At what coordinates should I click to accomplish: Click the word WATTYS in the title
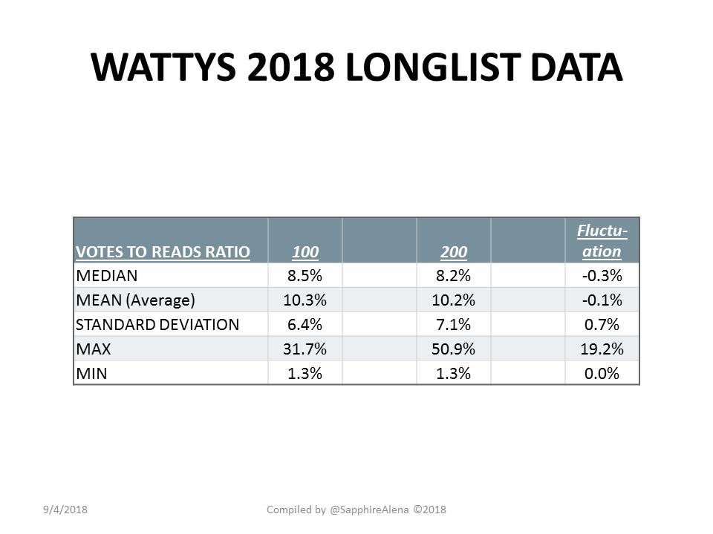(x=163, y=67)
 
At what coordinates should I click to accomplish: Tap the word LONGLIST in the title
(x=433, y=67)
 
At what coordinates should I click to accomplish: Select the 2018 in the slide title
(x=291, y=67)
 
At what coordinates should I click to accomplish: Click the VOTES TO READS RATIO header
(x=163, y=252)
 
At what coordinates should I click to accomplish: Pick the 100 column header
(x=305, y=252)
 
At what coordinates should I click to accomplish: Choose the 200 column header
(x=454, y=252)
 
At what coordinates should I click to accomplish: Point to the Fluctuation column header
(x=602, y=240)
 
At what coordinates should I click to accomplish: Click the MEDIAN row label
(x=106, y=276)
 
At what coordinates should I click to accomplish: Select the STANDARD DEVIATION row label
(x=157, y=325)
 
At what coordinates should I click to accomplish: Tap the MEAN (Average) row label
(x=135, y=300)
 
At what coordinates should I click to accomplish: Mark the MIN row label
(x=91, y=374)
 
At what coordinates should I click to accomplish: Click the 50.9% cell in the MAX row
(x=453, y=349)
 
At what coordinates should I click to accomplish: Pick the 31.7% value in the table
(x=305, y=349)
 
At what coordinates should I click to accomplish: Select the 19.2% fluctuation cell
(x=602, y=349)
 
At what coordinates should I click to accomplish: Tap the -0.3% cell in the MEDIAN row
(x=602, y=276)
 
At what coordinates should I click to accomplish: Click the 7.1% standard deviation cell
(x=453, y=325)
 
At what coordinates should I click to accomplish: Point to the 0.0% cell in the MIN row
(x=602, y=374)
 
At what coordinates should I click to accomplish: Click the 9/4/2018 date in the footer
(x=65, y=510)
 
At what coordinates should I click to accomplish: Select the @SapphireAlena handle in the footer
(x=369, y=510)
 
